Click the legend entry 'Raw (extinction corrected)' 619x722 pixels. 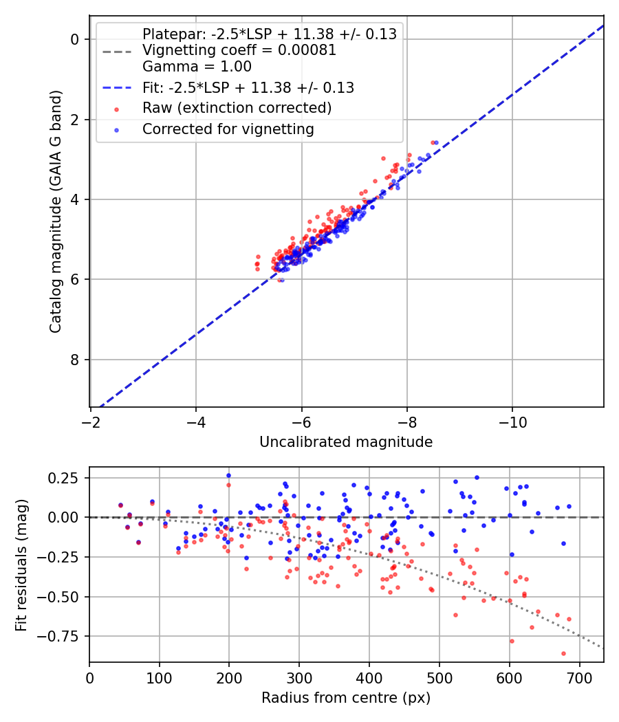coord(237,108)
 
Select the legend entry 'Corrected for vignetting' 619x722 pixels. coord(228,129)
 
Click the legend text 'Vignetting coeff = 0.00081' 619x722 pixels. coord(239,50)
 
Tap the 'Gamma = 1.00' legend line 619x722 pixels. coord(197,67)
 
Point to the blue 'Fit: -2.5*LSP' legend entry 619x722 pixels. coord(248,87)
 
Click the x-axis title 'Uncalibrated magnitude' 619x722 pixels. coord(346,442)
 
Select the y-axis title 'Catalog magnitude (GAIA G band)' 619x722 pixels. coord(56,211)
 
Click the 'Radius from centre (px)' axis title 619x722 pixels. coord(346,698)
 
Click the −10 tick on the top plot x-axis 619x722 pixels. coord(512,421)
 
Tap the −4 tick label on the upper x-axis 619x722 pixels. coord(196,421)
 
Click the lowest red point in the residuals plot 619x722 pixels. coord(563,653)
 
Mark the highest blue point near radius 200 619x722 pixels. coord(228,475)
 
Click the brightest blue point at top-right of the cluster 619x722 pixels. coord(436,142)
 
